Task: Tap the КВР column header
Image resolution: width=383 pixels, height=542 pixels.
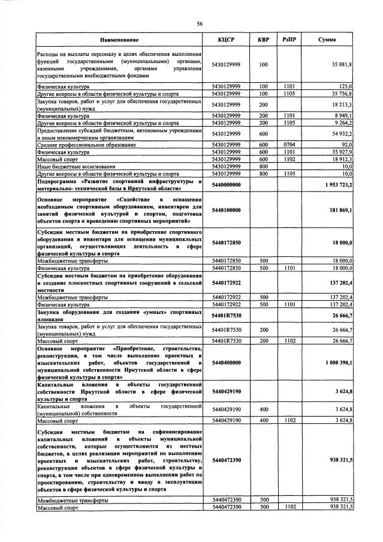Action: pos(263,40)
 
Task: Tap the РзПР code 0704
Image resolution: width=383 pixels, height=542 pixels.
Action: pos(289,144)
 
